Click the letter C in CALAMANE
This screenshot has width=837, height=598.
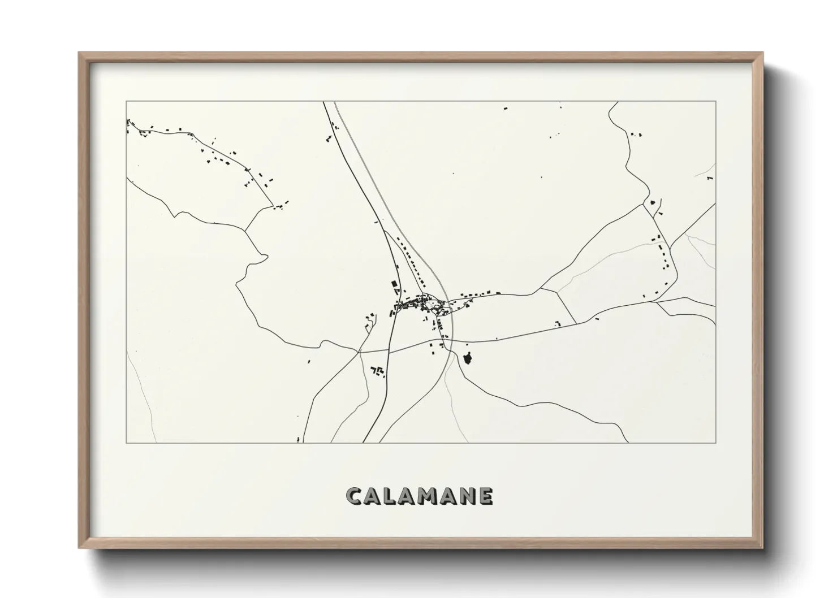pos(355,496)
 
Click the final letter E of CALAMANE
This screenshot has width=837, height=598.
pos(485,496)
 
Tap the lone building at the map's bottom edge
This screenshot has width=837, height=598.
pos(298,440)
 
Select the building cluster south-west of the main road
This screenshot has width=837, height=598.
pos(377,371)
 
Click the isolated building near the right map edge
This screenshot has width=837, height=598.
pos(709,179)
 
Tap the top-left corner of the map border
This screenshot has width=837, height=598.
pos(126,101)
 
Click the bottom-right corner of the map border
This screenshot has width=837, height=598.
pos(716,443)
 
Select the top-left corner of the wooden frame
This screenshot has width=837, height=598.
pos(79,53)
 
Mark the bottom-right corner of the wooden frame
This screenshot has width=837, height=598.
pos(763,548)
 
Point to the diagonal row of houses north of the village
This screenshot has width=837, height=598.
pos(415,262)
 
